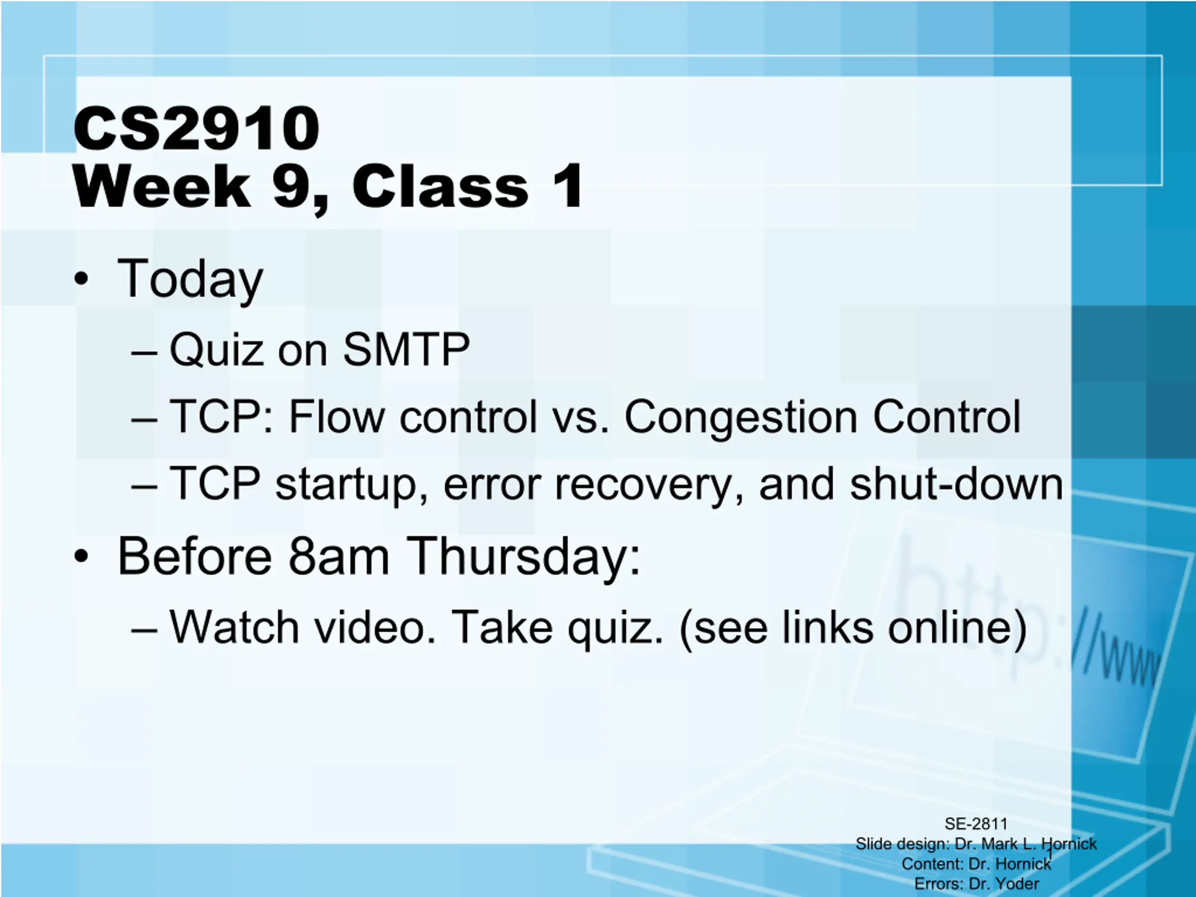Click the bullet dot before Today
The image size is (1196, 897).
pyautogui.click(x=81, y=279)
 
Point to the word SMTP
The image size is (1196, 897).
pyautogui.click(x=406, y=349)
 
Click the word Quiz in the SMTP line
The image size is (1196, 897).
pyautogui.click(x=216, y=349)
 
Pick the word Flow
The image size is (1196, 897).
pyautogui.click(x=337, y=416)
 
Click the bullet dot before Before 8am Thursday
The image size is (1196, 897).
pyautogui.click(x=81, y=556)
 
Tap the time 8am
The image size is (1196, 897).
pyautogui.click(x=339, y=556)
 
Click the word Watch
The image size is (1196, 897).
pyautogui.click(x=234, y=627)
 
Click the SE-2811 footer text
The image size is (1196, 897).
pyautogui.click(x=976, y=824)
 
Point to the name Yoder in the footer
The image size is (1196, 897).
pyautogui.click(x=1018, y=883)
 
